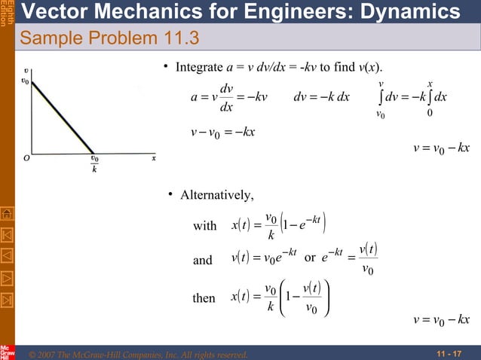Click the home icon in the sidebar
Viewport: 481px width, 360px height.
point(7,215)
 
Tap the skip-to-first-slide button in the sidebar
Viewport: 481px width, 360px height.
point(7,235)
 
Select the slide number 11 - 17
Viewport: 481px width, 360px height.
point(449,353)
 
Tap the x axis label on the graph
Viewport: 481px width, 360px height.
point(154,159)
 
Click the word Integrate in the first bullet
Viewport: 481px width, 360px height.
point(198,68)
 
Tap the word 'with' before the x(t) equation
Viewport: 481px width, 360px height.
point(205,226)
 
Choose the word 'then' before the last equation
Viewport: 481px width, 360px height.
point(204,298)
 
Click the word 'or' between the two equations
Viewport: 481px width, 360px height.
point(309,260)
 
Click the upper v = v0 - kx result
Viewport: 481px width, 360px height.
point(441,148)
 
